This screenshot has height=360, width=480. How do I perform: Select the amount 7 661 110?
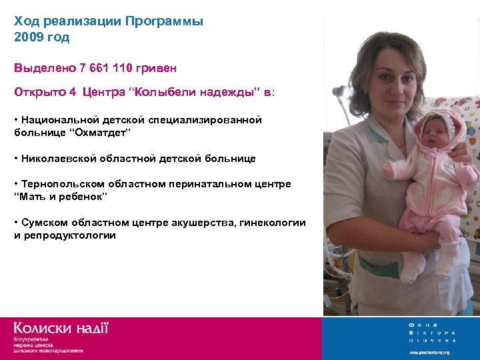[107, 68]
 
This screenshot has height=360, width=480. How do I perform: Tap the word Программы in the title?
[167, 21]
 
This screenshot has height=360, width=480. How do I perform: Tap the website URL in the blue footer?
[429, 352]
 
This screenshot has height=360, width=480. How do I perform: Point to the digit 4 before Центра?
[72, 93]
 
